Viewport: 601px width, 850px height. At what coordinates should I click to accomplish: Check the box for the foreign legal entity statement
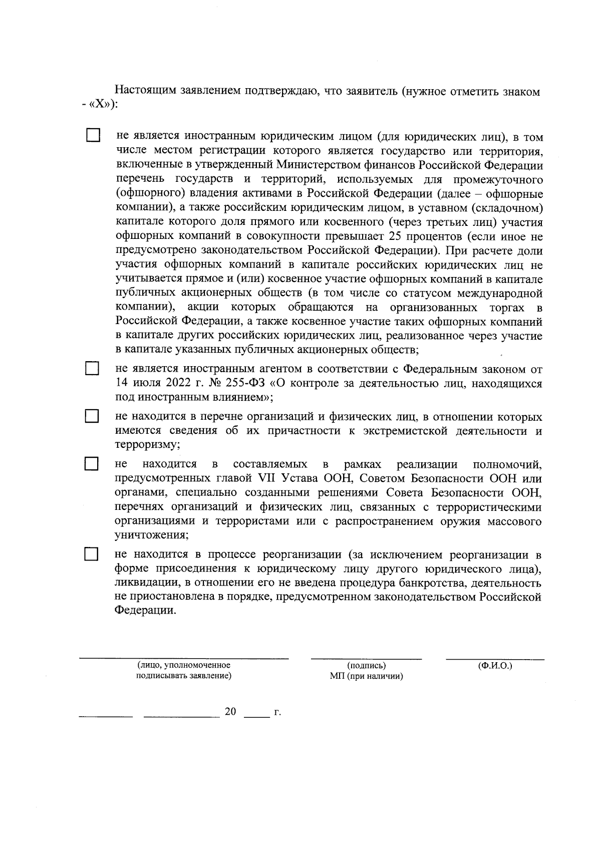[92, 135]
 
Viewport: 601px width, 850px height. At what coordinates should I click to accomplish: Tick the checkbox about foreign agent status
[92, 369]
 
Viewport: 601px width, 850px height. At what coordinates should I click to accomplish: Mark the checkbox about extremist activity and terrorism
[92, 417]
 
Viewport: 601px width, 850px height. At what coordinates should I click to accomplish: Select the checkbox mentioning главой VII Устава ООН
[92, 463]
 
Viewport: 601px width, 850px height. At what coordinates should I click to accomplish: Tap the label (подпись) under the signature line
[367, 666]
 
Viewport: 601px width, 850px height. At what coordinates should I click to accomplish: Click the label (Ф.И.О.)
[495, 666]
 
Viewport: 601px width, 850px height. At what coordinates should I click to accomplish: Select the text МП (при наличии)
[367, 676]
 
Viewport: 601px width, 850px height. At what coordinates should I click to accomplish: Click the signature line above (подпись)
[366, 657]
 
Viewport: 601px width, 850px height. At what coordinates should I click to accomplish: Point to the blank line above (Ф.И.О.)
[495, 657]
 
